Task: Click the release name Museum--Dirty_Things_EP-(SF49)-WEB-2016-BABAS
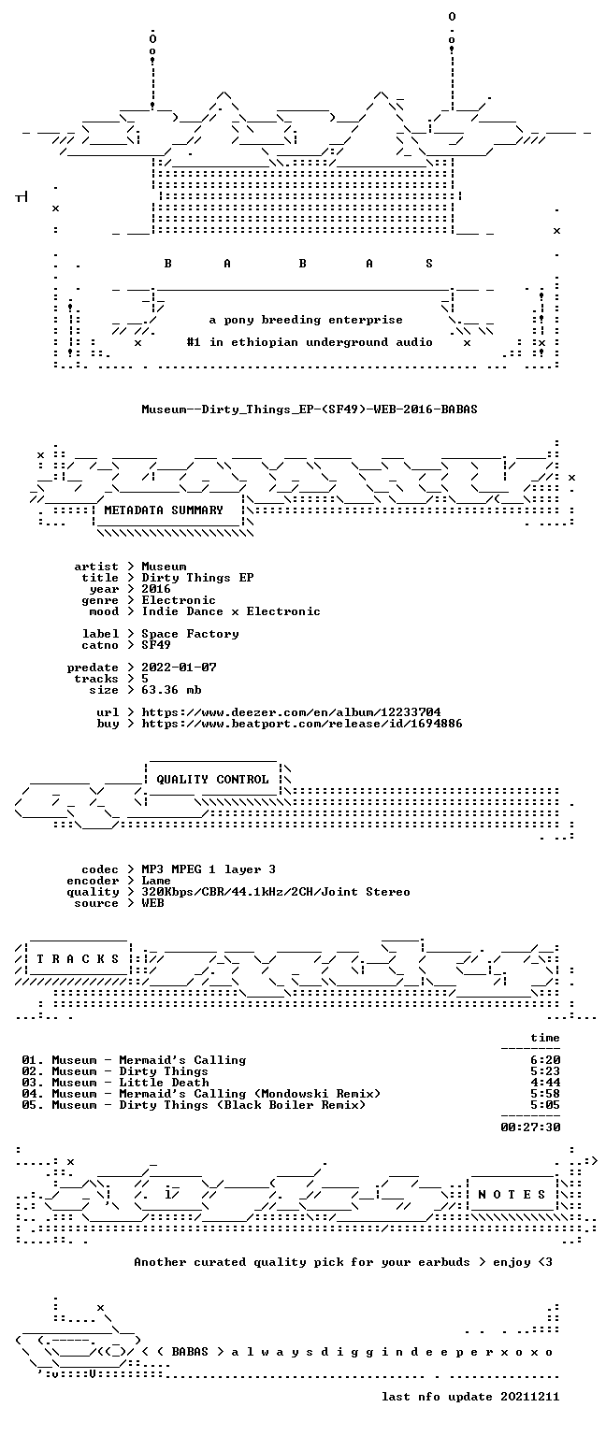click(310, 409)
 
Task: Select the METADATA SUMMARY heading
click(164, 510)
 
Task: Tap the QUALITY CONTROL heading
click(212, 780)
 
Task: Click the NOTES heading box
click(512, 1194)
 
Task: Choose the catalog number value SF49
click(156, 645)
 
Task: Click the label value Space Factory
click(190, 634)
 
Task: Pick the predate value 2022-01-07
click(179, 668)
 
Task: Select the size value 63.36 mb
click(171, 690)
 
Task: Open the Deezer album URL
click(291, 712)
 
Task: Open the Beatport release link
click(301, 724)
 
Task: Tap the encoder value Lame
click(156, 881)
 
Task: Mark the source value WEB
click(152, 903)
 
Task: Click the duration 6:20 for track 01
click(545, 1060)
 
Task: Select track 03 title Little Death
click(164, 1083)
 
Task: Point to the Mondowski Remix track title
click(250, 1095)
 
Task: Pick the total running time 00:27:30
click(530, 1127)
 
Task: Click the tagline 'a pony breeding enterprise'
click(306, 320)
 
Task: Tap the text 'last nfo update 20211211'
click(470, 1397)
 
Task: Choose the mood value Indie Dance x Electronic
click(231, 611)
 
